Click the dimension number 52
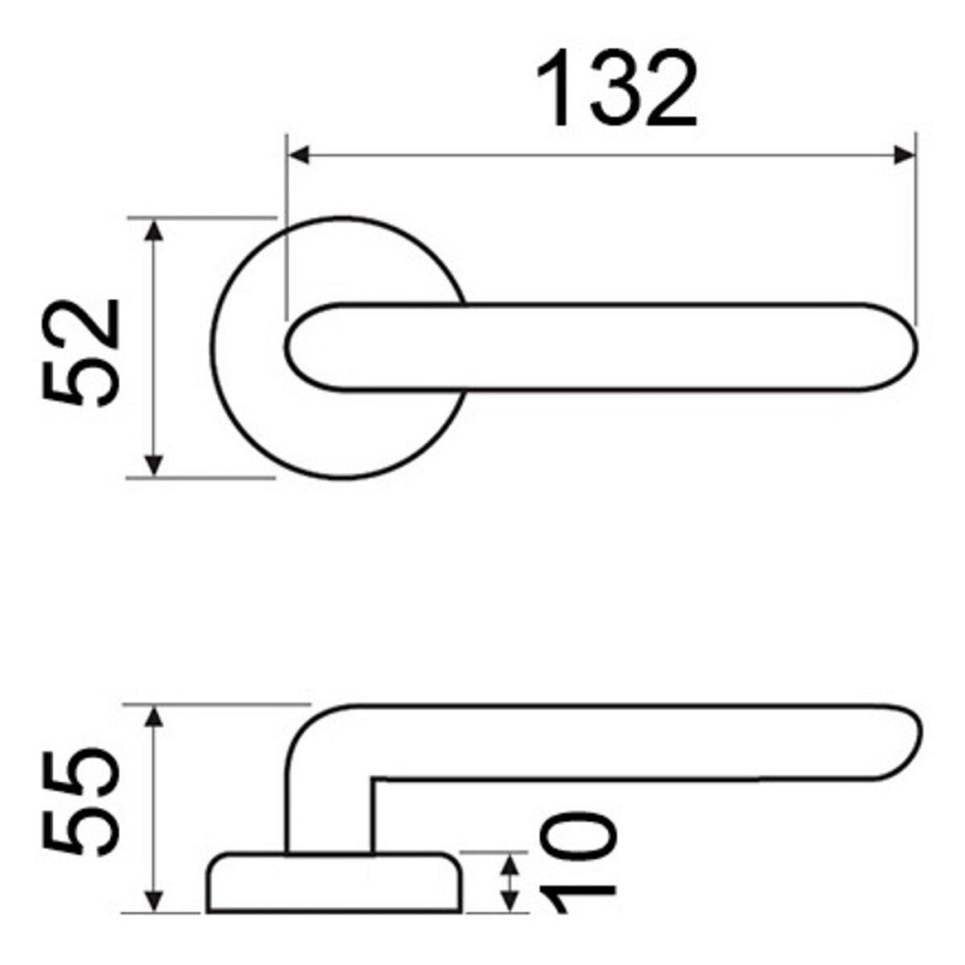click(83, 353)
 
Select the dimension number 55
click(83, 800)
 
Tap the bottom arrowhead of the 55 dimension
click(153, 901)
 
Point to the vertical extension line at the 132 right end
click(915, 232)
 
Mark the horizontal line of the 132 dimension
click(598, 154)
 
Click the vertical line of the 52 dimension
click(153, 347)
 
